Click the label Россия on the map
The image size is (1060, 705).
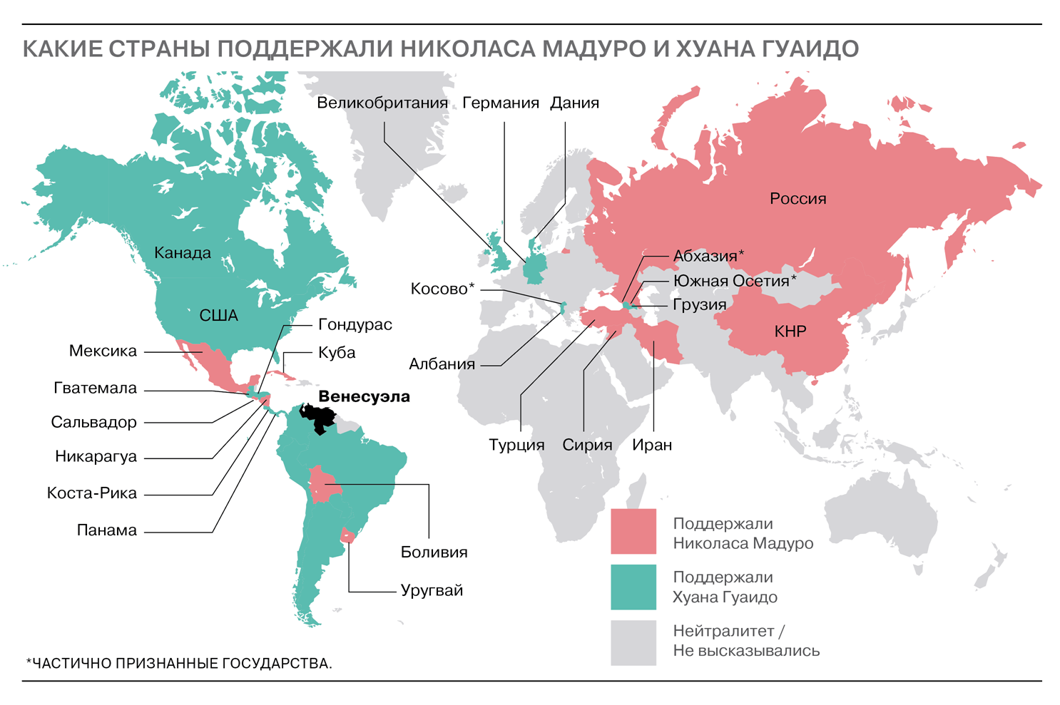click(797, 199)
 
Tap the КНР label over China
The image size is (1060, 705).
click(790, 331)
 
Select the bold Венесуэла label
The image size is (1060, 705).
click(364, 397)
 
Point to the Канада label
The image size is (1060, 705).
click(183, 253)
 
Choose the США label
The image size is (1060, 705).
click(218, 316)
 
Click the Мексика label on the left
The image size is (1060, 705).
click(103, 351)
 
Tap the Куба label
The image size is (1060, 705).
click(337, 353)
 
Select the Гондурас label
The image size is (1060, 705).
click(355, 325)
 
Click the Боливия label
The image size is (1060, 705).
click(434, 552)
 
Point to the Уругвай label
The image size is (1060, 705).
click(432, 591)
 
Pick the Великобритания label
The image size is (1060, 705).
click(382, 103)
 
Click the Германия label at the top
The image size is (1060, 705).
click(500, 103)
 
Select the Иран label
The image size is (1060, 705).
click(652, 446)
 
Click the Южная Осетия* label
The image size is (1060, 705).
click(734, 282)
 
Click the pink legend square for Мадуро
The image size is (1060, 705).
click(633, 531)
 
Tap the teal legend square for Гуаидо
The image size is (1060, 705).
click(633, 587)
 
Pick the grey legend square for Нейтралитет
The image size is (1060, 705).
click(633, 642)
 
